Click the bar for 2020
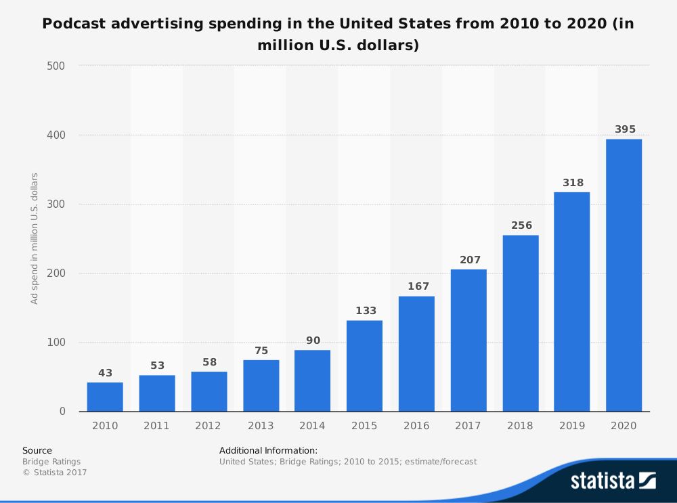click(624, 276)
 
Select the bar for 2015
click(364, 366)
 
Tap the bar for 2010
click(105, 397)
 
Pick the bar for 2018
click(520, 323)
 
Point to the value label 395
click(625, 129)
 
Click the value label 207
click(469, 260)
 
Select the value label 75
click(261, 351)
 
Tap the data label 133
click(366, 311)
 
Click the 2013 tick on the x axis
click(261, 426)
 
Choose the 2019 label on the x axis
click(571, 426)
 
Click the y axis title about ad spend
click(35, 238)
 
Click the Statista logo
click(613, 481)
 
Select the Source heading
click(37, 450)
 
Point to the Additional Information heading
click(268, 450)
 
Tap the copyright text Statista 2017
click(55, 473)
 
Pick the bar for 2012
click(209, 391)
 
